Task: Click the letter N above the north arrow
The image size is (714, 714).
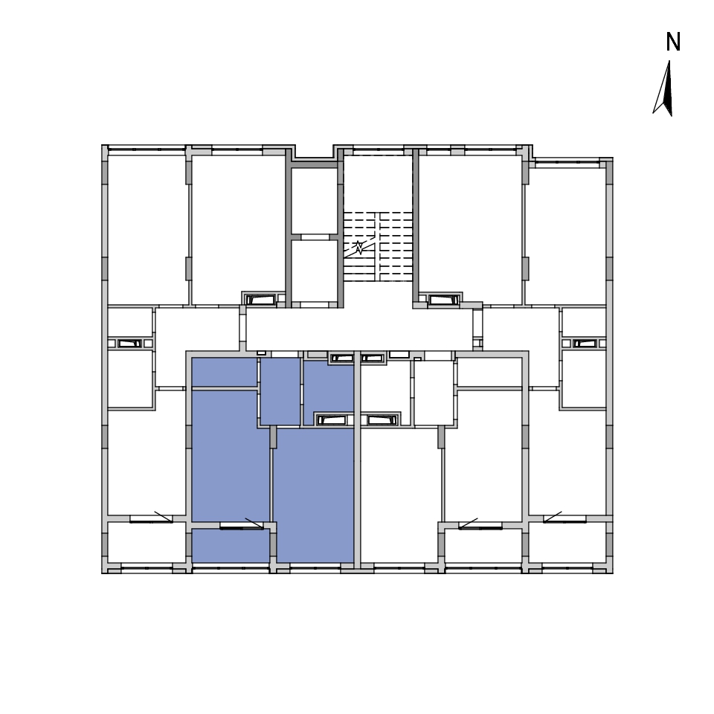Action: pyautogui.click(x=673, y=42)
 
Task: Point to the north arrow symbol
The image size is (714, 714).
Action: pyautogui.click(x=664, y=89)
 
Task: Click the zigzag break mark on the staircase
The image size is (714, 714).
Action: pyautogui.click(x=359, y=248)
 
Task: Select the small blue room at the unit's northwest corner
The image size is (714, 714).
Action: pyautogui.click(x=225, y=372)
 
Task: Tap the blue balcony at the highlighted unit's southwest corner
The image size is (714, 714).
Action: pyautogui.click(x=231, y=545)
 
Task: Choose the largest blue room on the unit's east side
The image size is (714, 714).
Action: pyautogui.click(x=315, y=495)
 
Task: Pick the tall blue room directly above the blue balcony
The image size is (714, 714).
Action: pyautogui.click(x=231, y=456)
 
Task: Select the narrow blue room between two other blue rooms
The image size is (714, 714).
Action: pyautogui.click(x=280, y=391)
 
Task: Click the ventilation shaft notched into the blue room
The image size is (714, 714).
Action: pyautogui.click(x=335, y=419)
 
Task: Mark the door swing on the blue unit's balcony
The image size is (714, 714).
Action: pyautogui.click(x=254, y=524)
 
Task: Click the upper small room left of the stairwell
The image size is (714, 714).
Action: pyautogui.click(x=314, y=201)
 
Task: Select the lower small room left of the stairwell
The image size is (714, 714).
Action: pyautogui.click(x=314, y=271)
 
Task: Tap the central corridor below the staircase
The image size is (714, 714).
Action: pyautogui.click(x=359, y=329)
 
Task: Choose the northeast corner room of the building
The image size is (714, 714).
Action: pyautogui.click(x=565, y=236)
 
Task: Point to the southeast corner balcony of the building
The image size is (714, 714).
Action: pyautogui.click(x=567, y=542)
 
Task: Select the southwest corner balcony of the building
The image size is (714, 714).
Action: pyautogui.click(x=147, y=542)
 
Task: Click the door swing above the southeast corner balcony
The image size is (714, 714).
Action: pyautogui.click(x=553, y=517)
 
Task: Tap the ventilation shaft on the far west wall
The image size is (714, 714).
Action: pyautogui.click(x=129, y=344)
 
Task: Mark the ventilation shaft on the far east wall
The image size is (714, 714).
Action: pyautogui.click(x=585, y=344)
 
